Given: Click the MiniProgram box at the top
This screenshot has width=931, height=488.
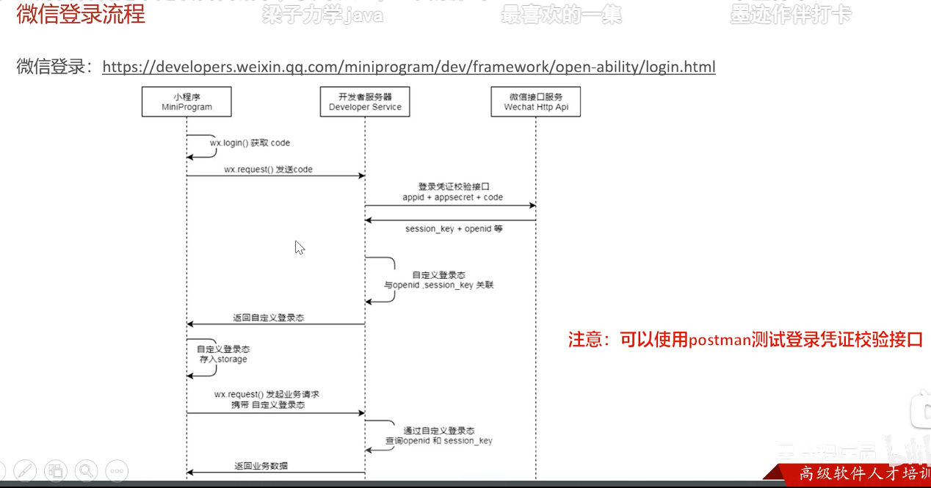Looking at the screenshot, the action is pos(186,101).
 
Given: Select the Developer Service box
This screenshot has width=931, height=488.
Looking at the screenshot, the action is pos(365,101).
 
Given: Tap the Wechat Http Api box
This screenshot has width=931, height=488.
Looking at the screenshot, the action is pos(536,101).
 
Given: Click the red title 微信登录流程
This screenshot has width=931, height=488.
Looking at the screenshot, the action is pos(81,14).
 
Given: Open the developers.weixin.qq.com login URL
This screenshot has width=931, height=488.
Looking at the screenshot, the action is pos(408,68).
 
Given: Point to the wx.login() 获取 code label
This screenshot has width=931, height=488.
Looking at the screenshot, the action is pos(244,143).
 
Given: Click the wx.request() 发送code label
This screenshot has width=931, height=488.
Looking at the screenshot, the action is pos(268,170).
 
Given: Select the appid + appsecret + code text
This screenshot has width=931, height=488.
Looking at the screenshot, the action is pos(452,197).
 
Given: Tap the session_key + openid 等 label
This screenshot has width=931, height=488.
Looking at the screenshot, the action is pos(454,229).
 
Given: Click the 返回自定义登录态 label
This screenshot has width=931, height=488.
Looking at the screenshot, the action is pos(269,318).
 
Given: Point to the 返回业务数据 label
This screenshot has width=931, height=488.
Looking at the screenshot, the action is pos(261,466).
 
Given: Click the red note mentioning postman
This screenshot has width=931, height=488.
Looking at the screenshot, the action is pos(745,340).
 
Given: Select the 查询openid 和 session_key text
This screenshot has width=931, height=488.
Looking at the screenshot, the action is pos(439,441).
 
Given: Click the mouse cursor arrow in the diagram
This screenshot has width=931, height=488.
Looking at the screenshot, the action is pos(299,247).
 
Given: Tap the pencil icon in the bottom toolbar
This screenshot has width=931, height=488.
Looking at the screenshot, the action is pos(25,470).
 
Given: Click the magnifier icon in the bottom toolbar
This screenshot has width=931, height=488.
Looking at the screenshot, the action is pos(86,470).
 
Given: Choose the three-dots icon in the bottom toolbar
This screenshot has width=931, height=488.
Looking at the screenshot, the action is pos(117,470).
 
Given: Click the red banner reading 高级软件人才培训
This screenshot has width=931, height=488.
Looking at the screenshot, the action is pos(859,474).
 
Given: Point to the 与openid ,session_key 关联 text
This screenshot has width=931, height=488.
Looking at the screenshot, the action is pos(439,285).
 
